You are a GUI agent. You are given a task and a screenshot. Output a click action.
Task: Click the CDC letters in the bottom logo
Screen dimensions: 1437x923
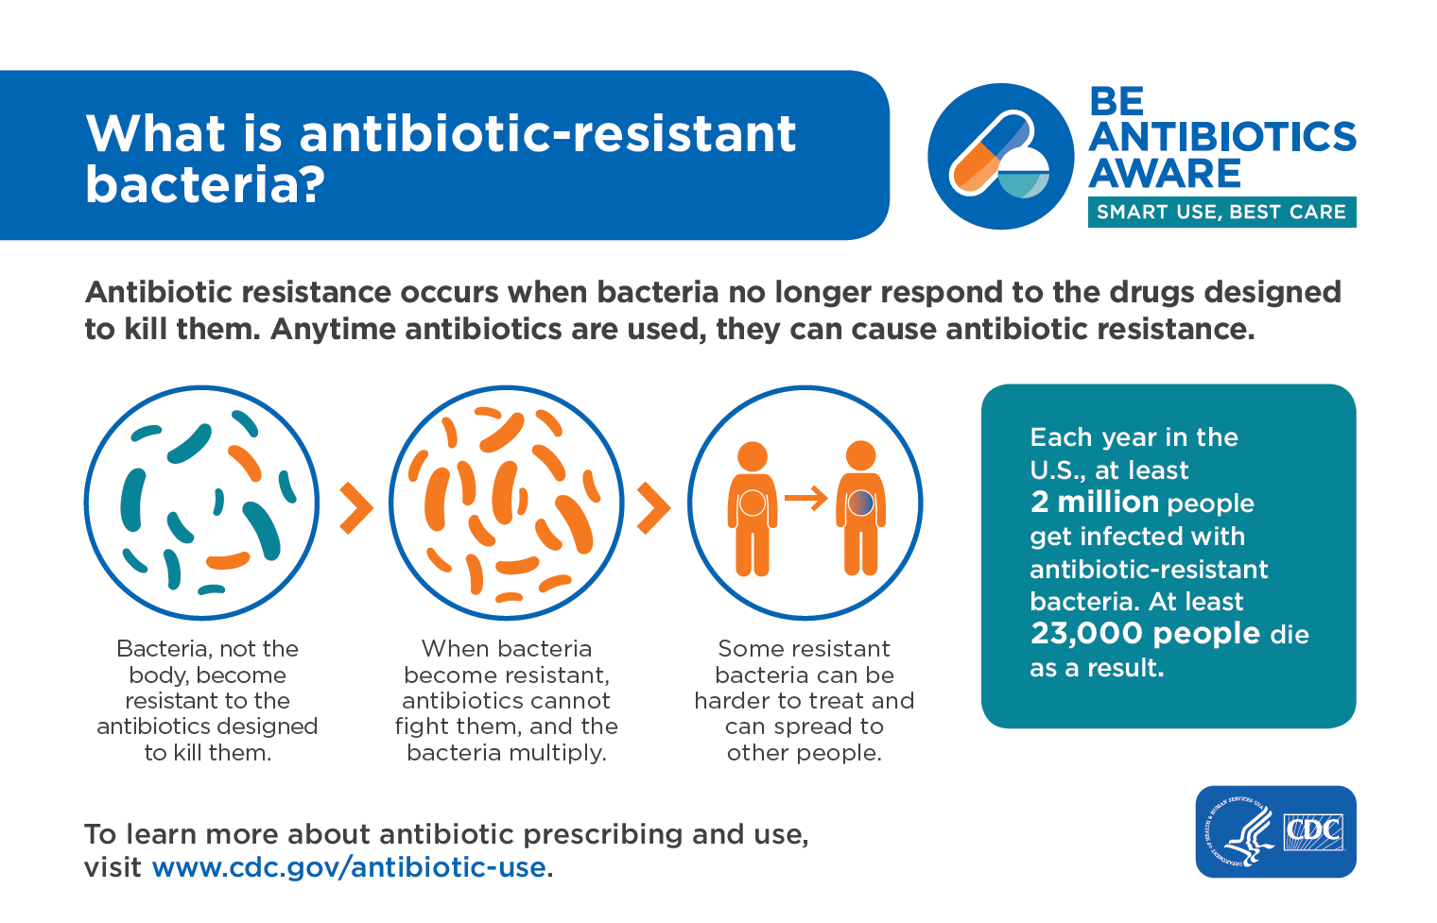point(1313,831)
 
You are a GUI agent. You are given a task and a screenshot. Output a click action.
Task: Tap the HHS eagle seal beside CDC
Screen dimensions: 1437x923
point(1239,832)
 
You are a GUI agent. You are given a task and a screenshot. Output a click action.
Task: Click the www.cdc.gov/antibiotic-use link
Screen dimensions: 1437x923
point(349,867)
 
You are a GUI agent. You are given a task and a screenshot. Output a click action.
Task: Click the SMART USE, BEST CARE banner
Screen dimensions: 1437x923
point(1221,212)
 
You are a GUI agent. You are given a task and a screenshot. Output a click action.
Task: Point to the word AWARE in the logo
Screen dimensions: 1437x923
point(1165,173)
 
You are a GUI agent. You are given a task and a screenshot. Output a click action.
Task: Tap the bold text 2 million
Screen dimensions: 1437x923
point(1095,502)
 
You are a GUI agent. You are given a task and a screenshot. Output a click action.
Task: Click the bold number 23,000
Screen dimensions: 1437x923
point(1087,633)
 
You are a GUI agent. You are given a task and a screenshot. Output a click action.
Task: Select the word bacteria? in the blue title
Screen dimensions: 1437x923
point(205,184)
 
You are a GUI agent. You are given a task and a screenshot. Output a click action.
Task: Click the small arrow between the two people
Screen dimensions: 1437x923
point(805,497)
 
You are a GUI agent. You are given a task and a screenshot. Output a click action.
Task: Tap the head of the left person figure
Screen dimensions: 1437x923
point(753,456)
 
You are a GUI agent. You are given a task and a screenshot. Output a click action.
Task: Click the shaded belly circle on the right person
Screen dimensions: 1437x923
point(861,503)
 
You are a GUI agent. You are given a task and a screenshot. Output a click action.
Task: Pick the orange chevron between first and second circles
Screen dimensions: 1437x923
point(356,507)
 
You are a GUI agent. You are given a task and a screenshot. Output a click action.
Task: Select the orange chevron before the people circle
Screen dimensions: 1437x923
point(653,507)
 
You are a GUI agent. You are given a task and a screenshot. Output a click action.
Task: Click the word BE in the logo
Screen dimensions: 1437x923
point(1117,101)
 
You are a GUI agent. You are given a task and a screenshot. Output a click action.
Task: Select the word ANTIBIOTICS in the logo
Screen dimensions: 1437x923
point(1222,136)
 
